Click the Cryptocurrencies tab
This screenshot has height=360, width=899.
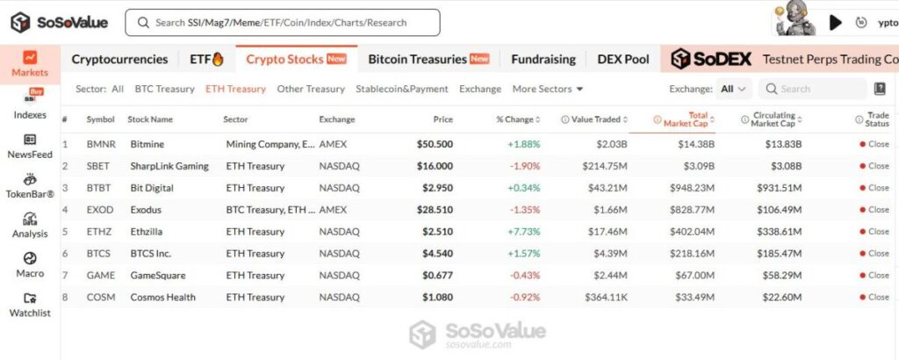coord(119,59)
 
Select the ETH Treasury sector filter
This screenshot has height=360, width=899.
coord(235,89)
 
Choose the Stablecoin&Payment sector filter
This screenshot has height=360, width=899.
coord(401,89)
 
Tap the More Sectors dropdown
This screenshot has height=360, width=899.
coord(548,89)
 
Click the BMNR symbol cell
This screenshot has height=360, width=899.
coord(101,144)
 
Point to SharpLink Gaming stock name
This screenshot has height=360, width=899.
coord(169,166)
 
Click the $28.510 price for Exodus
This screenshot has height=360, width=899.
coord(435,210)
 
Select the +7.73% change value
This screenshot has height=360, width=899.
coord(523,232)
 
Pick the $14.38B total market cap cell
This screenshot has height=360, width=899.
coord(696,144)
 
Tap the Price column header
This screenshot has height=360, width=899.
coord(443,119)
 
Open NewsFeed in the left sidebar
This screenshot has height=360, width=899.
coord(30,146)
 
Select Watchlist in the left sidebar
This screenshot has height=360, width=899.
coord(30,305)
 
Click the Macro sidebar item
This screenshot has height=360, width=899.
coord(30,264)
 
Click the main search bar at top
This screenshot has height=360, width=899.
coord(282,23)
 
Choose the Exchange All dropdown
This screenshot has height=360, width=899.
coord(734,89)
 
